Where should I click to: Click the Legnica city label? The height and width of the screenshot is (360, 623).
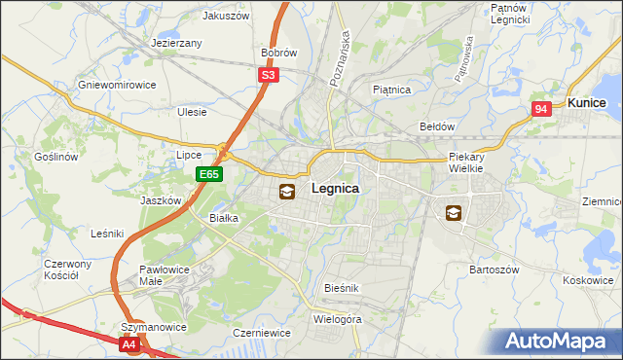[x=334, y=189]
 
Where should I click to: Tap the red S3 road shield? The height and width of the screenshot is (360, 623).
[x=270, y=74]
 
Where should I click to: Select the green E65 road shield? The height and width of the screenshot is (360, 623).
[x=209, y=174]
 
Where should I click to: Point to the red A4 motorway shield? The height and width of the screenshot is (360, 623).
[x=130, y=343]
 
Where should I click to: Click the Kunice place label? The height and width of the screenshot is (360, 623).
[x=587, y=102]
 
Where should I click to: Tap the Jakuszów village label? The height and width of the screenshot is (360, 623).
[x=227, y=16]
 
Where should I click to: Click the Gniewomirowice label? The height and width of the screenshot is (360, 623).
[x=117, y=85]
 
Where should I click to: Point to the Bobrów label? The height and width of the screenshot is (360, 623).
[x=278, y=53]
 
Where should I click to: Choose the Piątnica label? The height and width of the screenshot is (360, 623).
[x=392, y=90]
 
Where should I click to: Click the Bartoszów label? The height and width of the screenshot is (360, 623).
[x=495, y=269]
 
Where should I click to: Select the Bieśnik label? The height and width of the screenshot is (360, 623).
[x=343, y=288]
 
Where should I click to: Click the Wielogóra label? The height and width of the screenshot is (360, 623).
[x=338, y=318]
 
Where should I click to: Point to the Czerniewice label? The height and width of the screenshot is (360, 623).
[x=262, y=333]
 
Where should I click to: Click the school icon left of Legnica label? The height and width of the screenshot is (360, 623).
[x=287, y=192]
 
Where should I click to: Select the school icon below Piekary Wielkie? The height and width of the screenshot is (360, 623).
[x=455, y=212]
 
